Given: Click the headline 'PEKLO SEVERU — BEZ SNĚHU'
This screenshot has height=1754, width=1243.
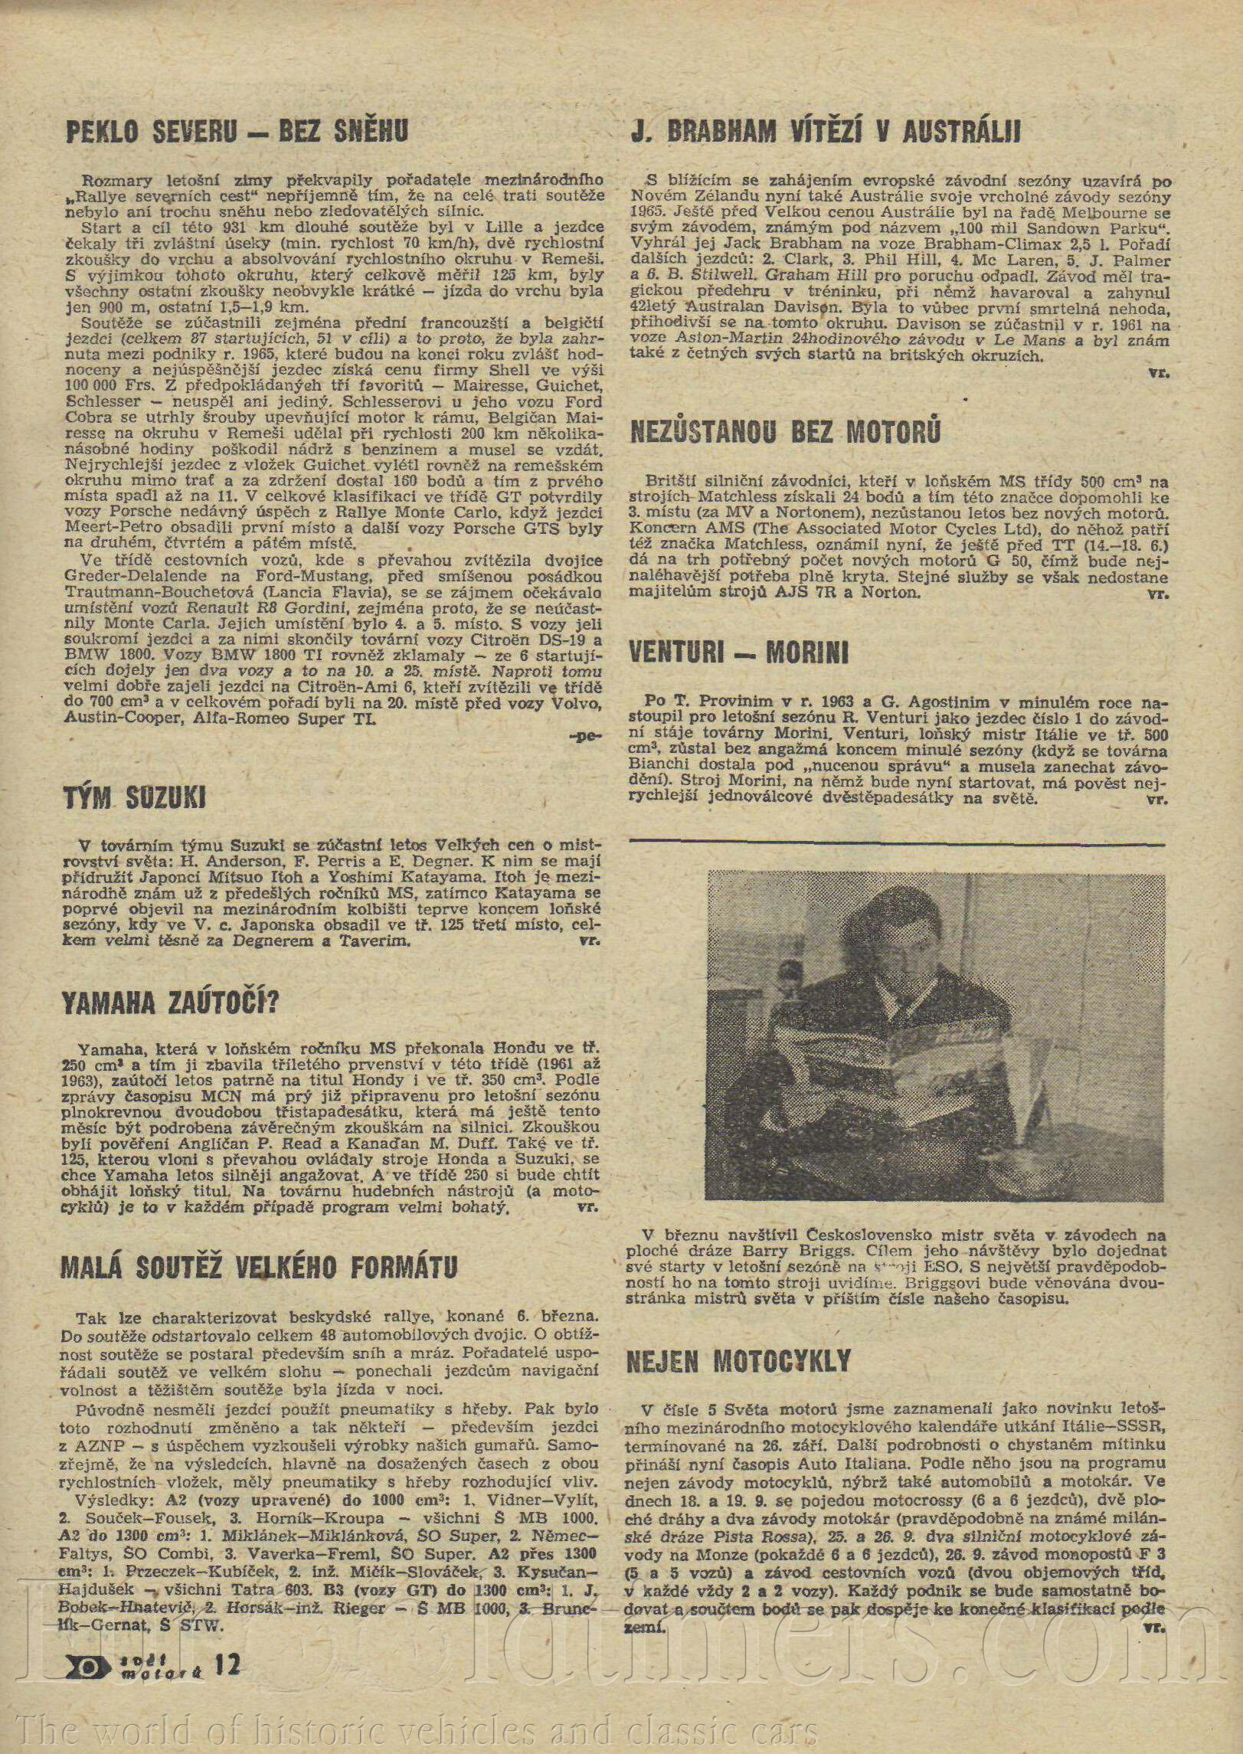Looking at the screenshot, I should (x=237, y=133).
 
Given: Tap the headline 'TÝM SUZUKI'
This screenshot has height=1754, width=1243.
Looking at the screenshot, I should (x=135, y=798).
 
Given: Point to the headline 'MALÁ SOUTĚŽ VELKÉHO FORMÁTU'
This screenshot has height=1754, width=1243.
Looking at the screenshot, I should (x=259, y=1267).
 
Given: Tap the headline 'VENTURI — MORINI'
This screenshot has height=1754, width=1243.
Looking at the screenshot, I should (x=738, y=653).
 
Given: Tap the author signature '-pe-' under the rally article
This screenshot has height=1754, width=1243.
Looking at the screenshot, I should (x=585, y=736).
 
